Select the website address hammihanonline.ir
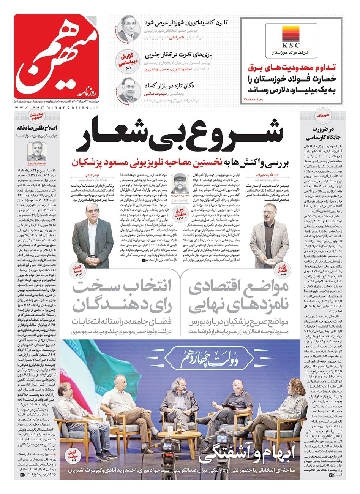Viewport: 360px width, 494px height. (x=57, y=108)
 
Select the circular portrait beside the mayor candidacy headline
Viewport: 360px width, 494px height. (x=128, y=27)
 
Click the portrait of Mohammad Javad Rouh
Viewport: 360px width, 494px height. (x=37, y=150)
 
